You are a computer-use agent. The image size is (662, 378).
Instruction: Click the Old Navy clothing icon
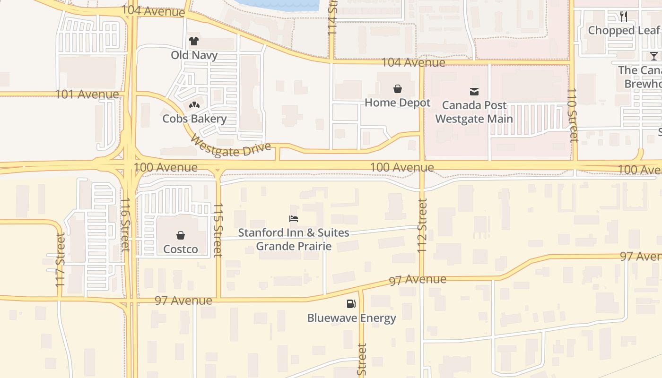point(194,41)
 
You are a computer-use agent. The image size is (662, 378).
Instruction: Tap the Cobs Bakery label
point(194,119)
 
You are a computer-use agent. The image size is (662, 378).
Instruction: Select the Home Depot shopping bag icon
point(398,89)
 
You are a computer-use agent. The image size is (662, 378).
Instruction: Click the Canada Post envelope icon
point(474,91)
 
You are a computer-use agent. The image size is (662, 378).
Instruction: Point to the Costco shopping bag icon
point(180,235)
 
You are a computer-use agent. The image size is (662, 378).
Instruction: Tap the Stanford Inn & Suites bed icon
point(294,219)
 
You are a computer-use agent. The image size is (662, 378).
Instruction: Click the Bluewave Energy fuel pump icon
point(351,304)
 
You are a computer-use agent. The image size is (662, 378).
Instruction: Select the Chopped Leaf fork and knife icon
point(624,17)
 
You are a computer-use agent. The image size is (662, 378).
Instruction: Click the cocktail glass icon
point(653,56)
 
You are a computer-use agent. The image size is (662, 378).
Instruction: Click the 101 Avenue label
point(87,94)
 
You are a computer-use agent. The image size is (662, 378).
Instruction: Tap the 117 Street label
point(60,260)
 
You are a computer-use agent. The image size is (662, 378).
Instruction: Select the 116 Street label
point(125,224)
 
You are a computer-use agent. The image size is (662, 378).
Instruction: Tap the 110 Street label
point(573,115)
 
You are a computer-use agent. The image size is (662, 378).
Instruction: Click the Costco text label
point(180,249)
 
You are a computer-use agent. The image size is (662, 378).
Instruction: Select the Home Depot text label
point(398,103)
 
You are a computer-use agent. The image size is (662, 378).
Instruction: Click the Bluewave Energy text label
point(351,318)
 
